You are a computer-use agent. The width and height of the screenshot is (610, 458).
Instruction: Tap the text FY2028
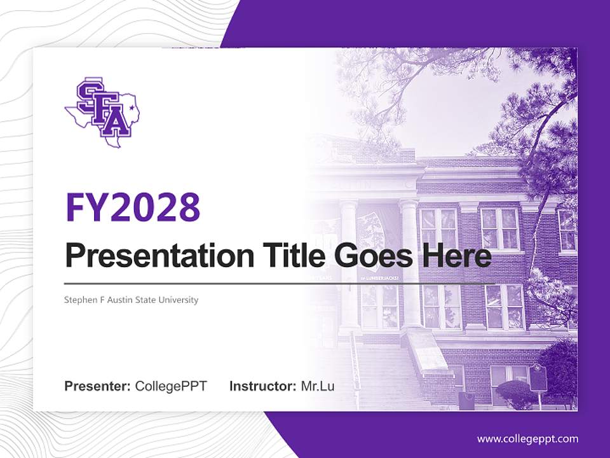click(133, 207)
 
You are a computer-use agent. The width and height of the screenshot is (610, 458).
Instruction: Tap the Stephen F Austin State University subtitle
click(132, 300)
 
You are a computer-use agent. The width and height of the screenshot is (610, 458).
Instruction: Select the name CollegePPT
click(171, 386)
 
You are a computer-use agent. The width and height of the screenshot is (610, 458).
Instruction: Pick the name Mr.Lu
click(318, 386)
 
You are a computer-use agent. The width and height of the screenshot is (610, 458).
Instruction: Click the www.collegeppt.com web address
click(527, 439)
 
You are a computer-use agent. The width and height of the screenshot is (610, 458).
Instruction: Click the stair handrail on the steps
click(356, 369)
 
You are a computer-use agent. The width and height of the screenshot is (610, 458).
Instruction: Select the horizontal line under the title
click(280, 284)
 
